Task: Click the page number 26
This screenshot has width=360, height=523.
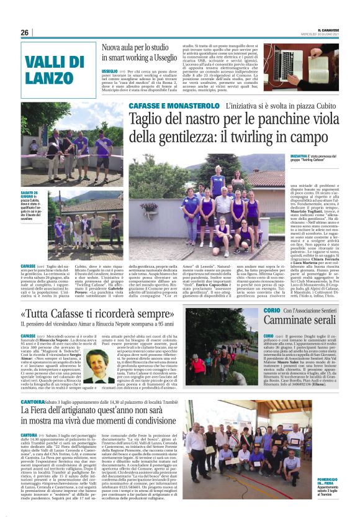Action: tap(24, 32)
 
